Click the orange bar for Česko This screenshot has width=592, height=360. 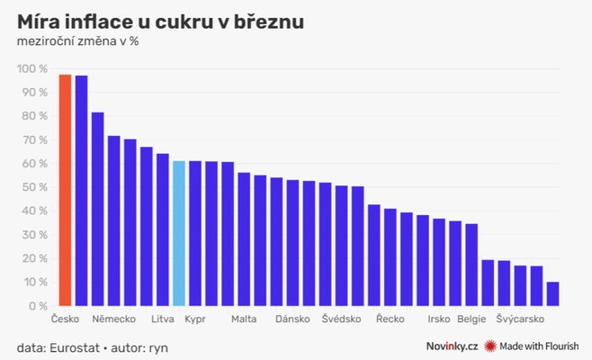click(x=65, y=190)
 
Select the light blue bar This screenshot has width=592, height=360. click(x=178, y=233)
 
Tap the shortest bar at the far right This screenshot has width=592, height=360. click(x=552, y=293)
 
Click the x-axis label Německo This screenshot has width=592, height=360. click(x=113, y=319)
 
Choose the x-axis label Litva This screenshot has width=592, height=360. click(x=162, y=319)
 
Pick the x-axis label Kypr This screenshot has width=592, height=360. click(x=195, y=319)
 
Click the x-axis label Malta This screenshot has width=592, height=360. click(x=244, y=319)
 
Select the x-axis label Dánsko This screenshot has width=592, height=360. click(x=292, y=319)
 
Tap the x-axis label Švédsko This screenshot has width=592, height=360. click(x=341, y=319)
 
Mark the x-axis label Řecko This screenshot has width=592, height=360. click(x=390, y=319)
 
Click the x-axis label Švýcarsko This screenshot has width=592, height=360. click(x=520, y=319)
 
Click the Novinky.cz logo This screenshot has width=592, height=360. click(x=452, y=346)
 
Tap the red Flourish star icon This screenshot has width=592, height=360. click(x=491, y=346)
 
